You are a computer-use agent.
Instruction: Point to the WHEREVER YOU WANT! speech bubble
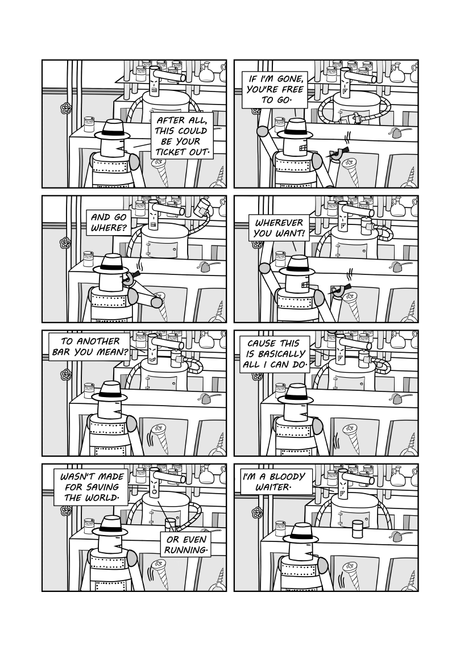coord(279,228)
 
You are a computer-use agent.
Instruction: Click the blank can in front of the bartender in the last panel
coord(357,529)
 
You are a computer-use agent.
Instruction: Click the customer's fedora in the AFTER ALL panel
coord(112,130)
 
